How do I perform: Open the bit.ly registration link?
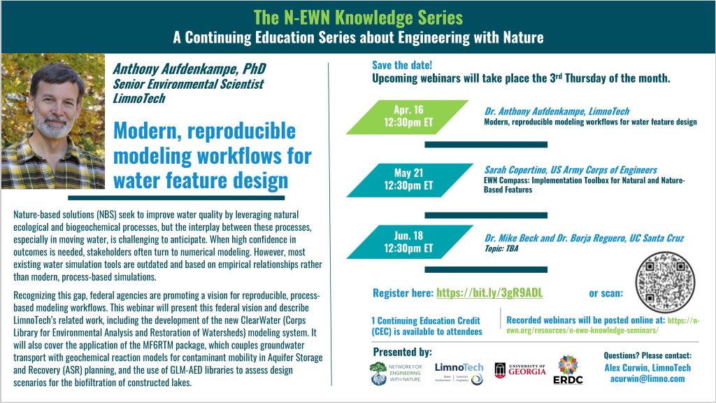489,292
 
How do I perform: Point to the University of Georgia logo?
520,370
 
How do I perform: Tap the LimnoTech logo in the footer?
459,372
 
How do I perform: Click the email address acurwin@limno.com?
648,379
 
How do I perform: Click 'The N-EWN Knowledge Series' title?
357,15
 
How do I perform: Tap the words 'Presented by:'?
402,351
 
